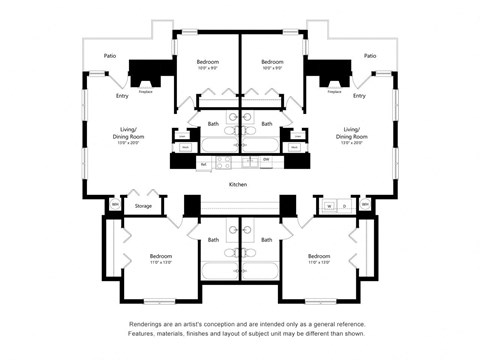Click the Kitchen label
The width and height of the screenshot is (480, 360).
coord(238,185)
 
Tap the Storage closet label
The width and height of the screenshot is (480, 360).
coord(144,206)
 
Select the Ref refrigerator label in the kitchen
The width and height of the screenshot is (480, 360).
coord(204,163)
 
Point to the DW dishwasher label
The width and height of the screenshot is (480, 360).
coord(266,160)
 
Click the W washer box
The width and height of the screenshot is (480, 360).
coord(330,206)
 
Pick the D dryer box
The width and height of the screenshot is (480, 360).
coord(345,206)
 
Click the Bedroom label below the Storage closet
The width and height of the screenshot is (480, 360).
coord(160,257)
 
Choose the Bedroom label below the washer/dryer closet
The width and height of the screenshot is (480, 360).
coord(319,257)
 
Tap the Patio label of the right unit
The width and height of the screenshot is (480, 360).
coord(370,56)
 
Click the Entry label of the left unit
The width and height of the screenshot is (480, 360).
coord(122,96)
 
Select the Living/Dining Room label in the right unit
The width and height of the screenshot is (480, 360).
coord(351,132)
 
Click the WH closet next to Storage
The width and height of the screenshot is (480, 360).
coord(114,206)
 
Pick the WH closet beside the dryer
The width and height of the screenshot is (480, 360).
coord(365,206)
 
